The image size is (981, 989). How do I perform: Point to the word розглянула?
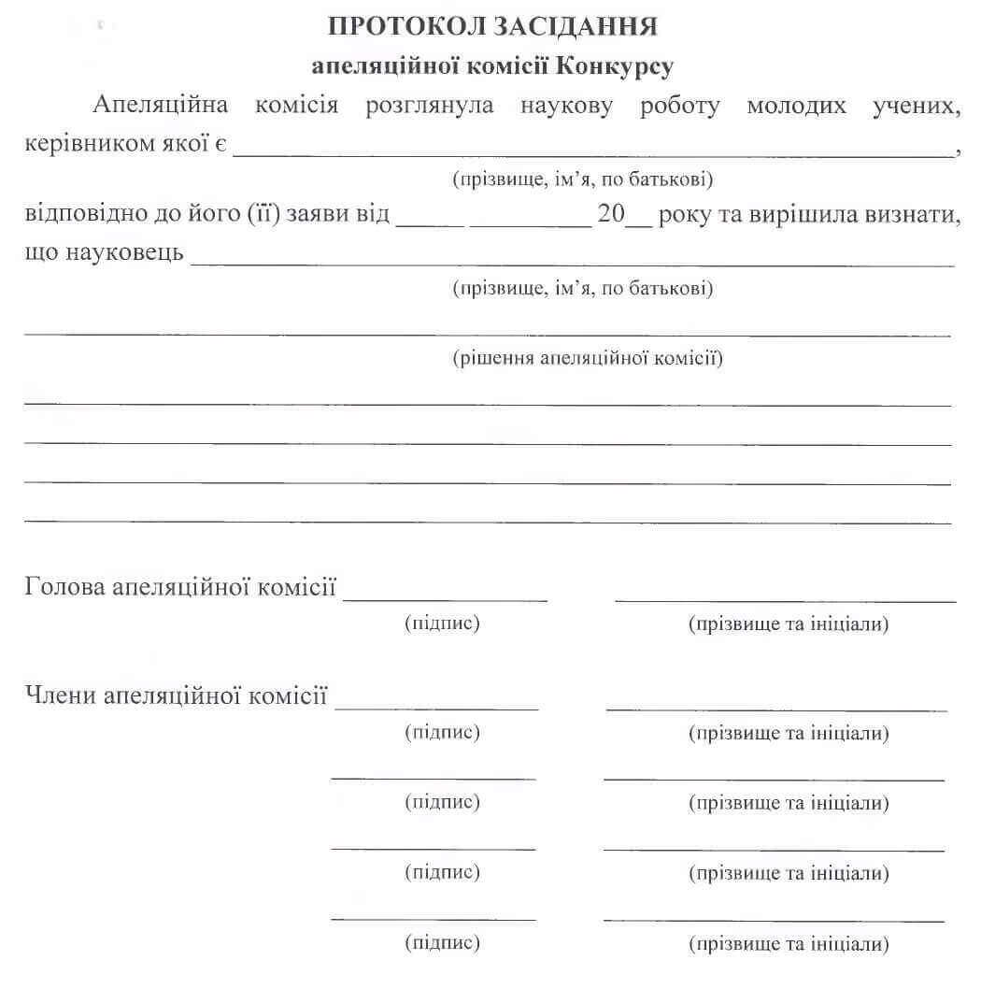click(x=430, y=106)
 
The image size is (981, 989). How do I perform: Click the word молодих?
click(x=796, y=106)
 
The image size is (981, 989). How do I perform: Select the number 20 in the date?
click(x=611, y=214)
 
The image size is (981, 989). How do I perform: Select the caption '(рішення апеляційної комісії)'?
click(x=587, y=358)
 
